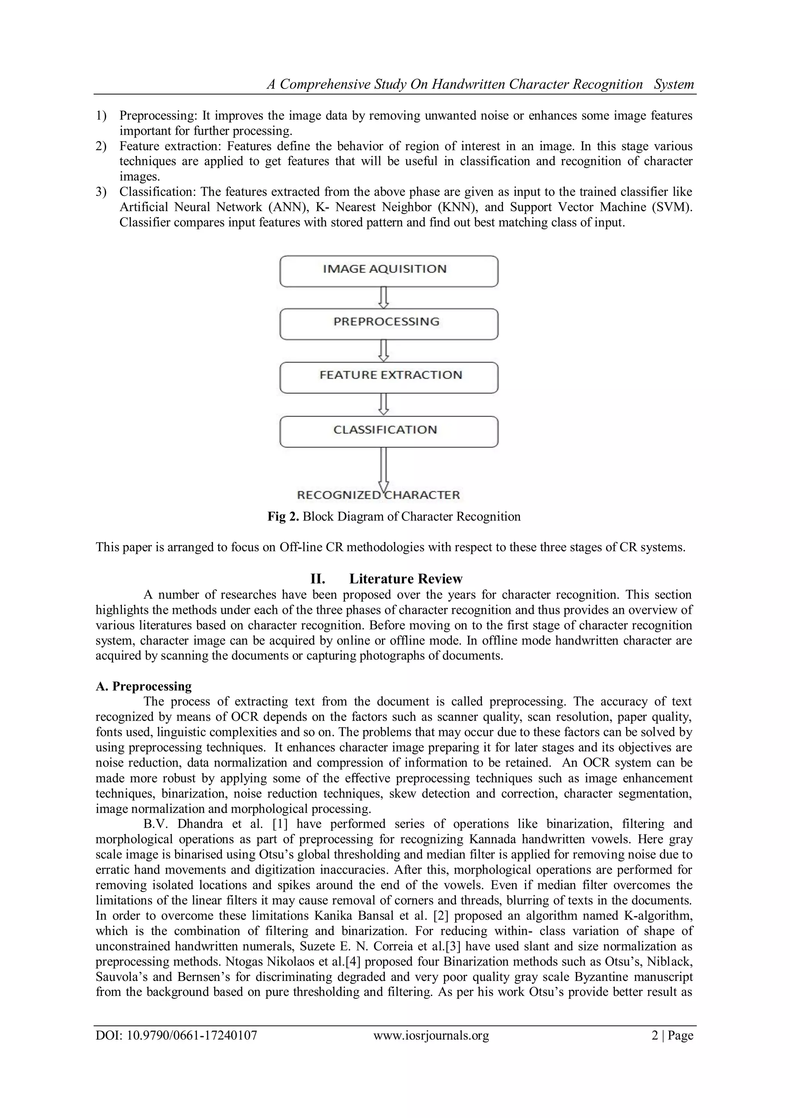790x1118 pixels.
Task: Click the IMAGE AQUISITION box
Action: point(389,271)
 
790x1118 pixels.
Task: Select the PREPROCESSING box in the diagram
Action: point(389,324)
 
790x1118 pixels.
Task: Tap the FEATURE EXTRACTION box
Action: point(389,378)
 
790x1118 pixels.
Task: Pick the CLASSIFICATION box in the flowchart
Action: point(389,432)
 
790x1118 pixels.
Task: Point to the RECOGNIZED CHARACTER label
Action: point(378,495)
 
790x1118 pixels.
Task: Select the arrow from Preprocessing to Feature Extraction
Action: point(384,351)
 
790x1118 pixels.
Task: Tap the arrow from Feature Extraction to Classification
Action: point(384,404)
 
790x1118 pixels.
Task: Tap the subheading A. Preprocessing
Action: point(143,686)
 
